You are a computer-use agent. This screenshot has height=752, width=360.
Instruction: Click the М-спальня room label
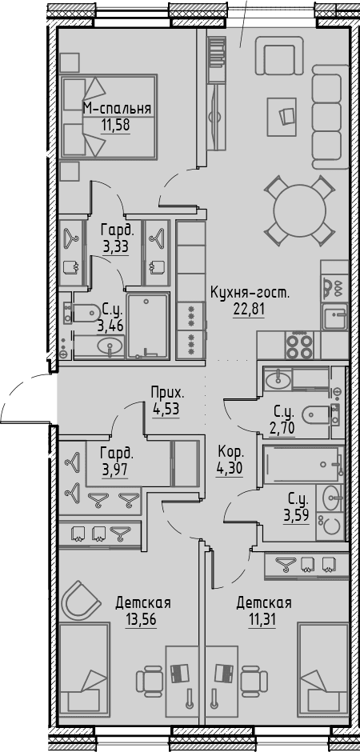tap(117, 109)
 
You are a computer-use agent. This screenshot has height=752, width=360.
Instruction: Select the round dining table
tap(300, 210)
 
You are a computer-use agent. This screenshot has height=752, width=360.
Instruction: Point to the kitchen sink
tap(335, 317)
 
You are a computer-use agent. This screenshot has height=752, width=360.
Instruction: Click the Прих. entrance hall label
tap(166, 394)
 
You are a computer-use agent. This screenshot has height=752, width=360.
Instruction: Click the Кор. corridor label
tap(231, 452)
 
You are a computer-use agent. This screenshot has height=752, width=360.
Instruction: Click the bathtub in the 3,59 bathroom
tap(303, 464)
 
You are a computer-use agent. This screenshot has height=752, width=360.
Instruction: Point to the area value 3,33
tap(116, 247)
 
